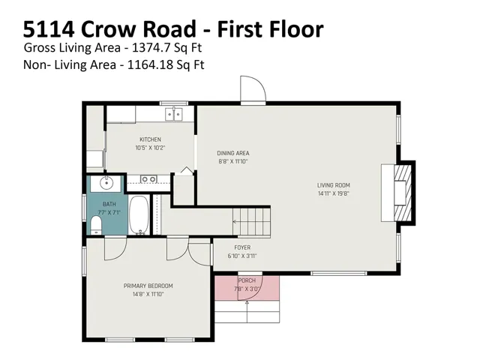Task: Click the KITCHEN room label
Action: (150, 139)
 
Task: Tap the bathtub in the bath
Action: (139, 215)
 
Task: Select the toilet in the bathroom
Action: (96, 225)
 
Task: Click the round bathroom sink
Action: (106, 184)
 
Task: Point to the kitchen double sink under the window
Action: (174, 114)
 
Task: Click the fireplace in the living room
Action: (398, 193)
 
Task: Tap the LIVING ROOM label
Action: (333, 185)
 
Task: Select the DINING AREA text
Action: (233, 153)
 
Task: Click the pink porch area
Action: (247, 288)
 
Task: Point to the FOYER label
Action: (242, 247)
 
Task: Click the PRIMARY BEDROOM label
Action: (148, 286)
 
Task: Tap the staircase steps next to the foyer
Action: (252, 222)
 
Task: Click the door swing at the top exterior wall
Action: (253, 88)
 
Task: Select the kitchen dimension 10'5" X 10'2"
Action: (150, 148)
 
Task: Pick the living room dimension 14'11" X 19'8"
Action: (333, 193)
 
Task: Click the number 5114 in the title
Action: (49, 29)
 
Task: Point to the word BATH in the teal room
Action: (109, 204)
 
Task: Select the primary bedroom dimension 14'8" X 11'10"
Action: (148, 294)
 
